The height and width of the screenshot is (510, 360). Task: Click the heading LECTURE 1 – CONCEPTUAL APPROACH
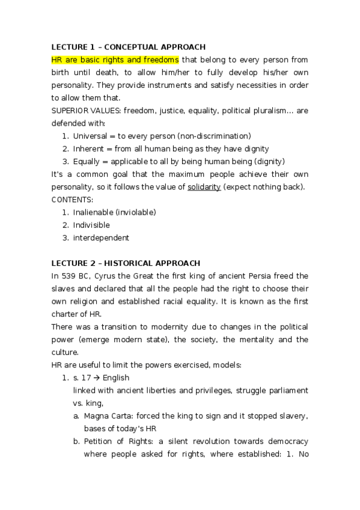(x=129, y=47)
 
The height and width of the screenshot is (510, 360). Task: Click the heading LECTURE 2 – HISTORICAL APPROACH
(x=126, y=263)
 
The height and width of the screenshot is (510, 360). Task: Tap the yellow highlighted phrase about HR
(x=115, y=60)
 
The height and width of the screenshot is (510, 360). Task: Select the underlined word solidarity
(x=204, y=187)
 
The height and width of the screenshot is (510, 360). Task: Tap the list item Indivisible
(x=91, y=225)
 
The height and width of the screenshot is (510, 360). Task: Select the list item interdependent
(x=101, y=238)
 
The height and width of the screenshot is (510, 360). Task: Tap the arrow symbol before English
(x=99, y=378)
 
